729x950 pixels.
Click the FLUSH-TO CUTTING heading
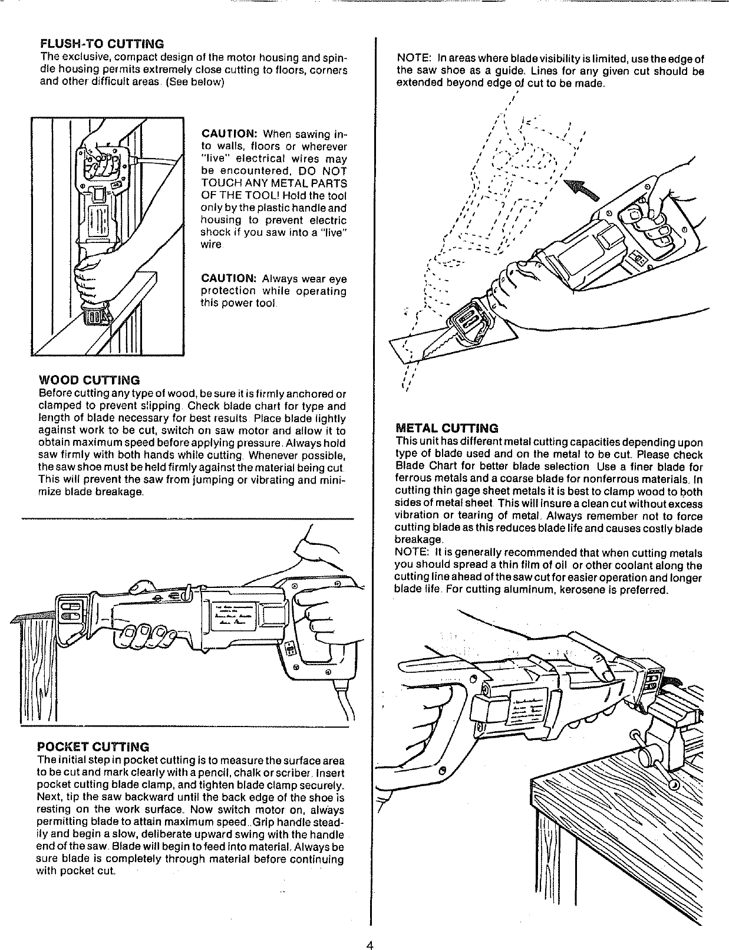coord(101,44)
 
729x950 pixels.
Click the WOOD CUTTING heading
coord(89,380)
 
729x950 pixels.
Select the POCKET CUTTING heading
coord(93,747)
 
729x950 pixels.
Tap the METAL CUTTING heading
coord(447,428)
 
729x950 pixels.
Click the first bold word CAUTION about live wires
coord(227,134)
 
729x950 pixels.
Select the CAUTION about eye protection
coord(227,278)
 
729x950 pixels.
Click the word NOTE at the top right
coord(412,59)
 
